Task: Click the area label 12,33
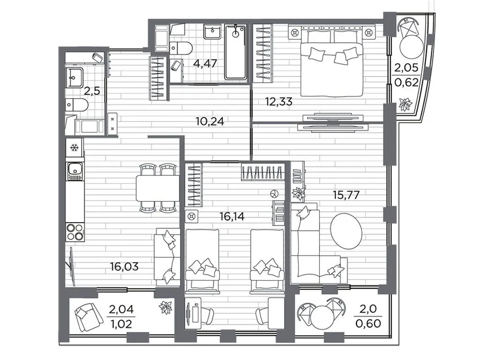pyautogui.click(x=279, y=101)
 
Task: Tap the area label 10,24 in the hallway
pyautogui.click(x=210, y=121)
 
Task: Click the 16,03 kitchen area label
pyautogui.click(x=123, y=266)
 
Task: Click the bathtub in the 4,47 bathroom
pyautogui.click(x=235, y=52)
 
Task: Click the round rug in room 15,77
pyautogui.click(x=347, y=230)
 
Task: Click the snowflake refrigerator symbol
pyautogui.click(x=74, y=147)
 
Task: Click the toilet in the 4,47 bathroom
pyautogui.click(x=181, y=47)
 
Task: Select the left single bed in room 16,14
pyautogui.click(x=202, y=259)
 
